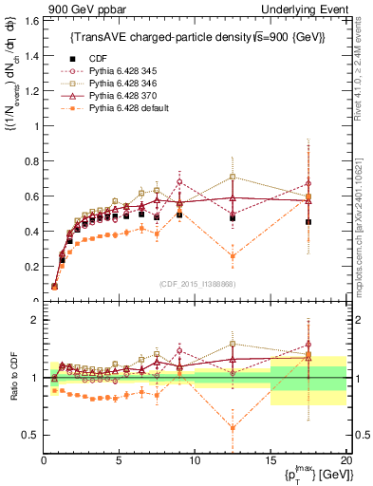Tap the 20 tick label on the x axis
coord(345,460)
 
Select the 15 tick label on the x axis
coord(270,460)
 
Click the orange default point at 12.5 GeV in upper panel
coord(233,256)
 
